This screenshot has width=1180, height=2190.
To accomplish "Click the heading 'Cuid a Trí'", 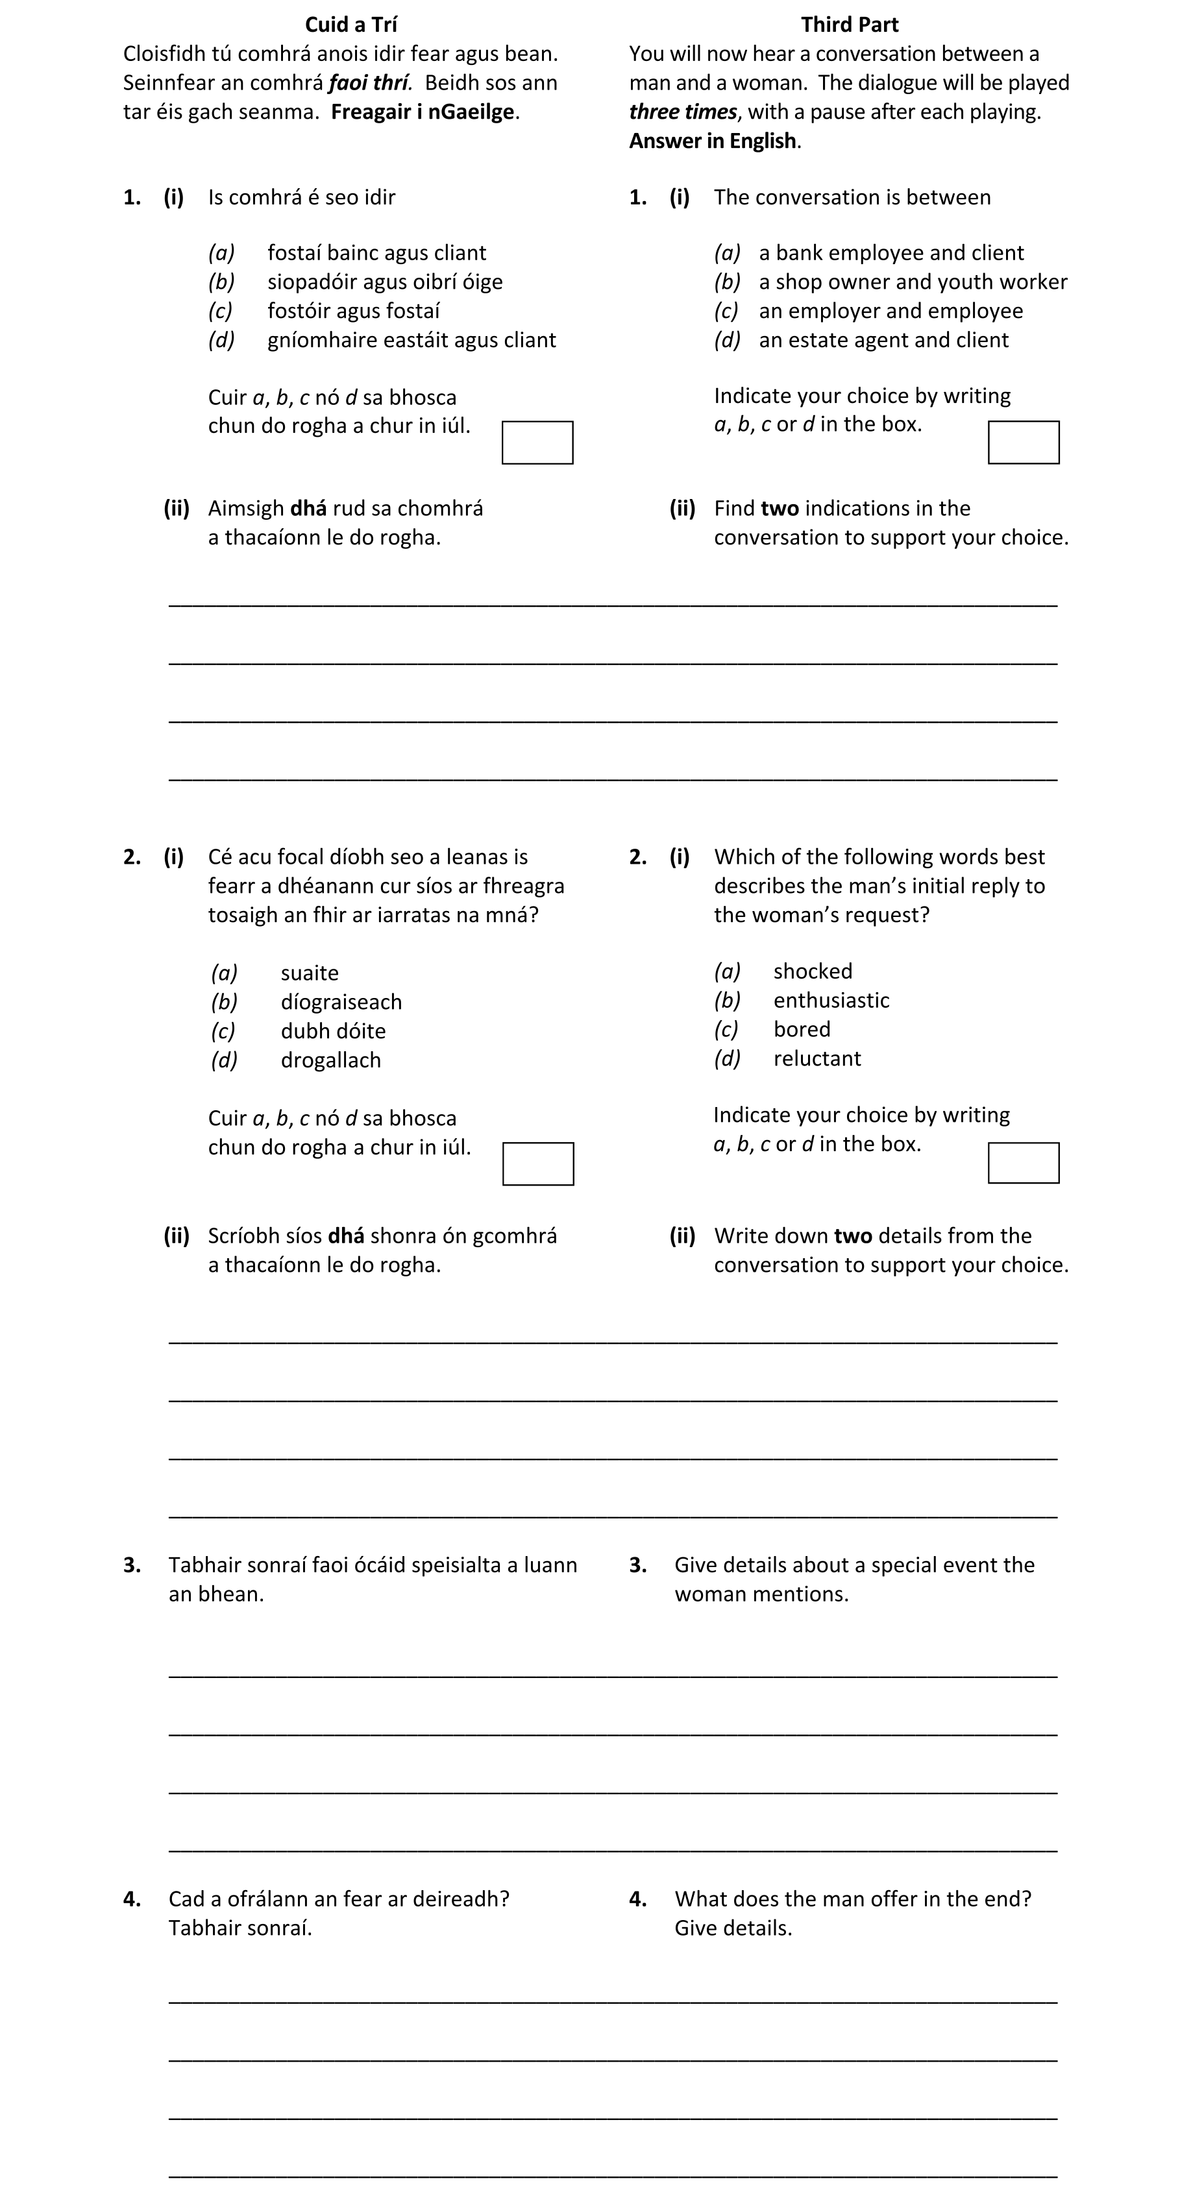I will tap(350, 25).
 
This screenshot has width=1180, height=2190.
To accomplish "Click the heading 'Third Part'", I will tap(848, 25).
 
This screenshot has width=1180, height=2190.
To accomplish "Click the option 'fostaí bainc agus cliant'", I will tap(376, 253).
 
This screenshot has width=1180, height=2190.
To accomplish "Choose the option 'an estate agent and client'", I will tap(883, 340).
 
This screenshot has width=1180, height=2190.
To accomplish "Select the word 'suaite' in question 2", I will tap(310, 973).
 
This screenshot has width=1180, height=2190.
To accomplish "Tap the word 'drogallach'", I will tap(331, 1060).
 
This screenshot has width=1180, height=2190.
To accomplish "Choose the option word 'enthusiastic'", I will tap(831, 1001).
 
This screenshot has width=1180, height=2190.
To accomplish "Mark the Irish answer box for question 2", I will tap(538, 1163).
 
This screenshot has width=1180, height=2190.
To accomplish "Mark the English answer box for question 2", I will tap(1023, 1163).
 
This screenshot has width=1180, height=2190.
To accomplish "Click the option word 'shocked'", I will tap(812, 972).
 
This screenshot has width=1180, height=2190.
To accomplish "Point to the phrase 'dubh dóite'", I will tap(332, 1031).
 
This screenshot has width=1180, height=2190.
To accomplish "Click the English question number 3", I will tap(637, 1565).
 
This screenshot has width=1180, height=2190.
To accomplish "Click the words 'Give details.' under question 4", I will tap(733, 1928).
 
